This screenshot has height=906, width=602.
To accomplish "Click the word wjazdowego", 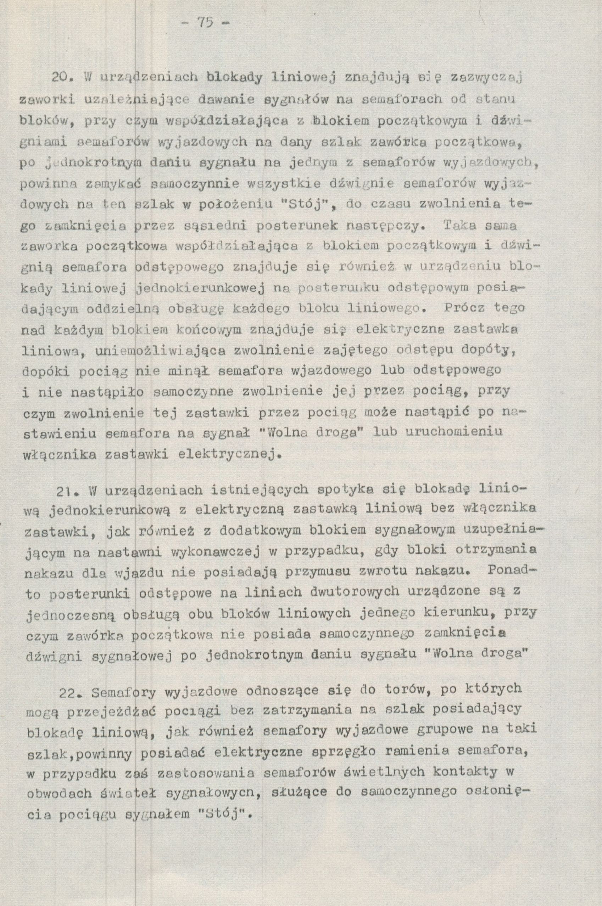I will (331, 371).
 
